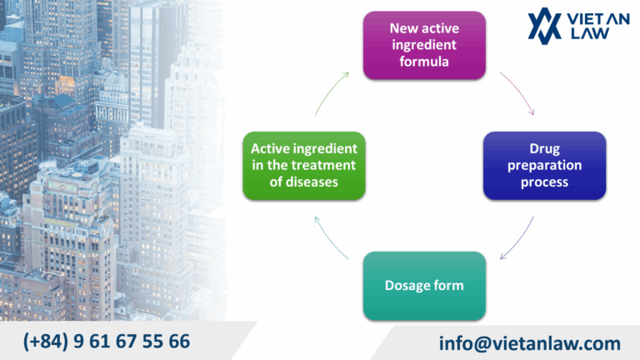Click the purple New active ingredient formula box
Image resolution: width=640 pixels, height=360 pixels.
(424, 45)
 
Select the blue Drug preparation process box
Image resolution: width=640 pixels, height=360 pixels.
(544, 165)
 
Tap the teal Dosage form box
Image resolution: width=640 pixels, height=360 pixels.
(424, 286)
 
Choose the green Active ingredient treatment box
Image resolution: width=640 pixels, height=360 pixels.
(303, 165)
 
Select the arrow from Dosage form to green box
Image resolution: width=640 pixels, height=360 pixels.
(332, 238)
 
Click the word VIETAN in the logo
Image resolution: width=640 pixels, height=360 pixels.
(596, 18)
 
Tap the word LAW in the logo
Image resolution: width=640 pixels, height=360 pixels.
(580, 33)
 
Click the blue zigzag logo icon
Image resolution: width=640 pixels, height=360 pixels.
(546, 26)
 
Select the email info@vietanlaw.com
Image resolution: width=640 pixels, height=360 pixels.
(529, 343)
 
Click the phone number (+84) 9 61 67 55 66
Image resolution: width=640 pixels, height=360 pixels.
(107, 341)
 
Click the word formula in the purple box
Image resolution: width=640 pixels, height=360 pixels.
(424, 61)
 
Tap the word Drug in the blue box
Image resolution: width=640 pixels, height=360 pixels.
(544, 149)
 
